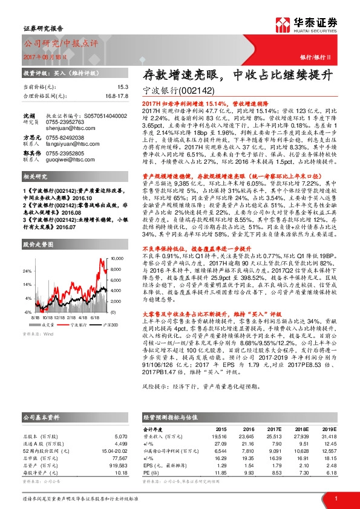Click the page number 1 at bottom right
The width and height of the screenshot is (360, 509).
[335, 498]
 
